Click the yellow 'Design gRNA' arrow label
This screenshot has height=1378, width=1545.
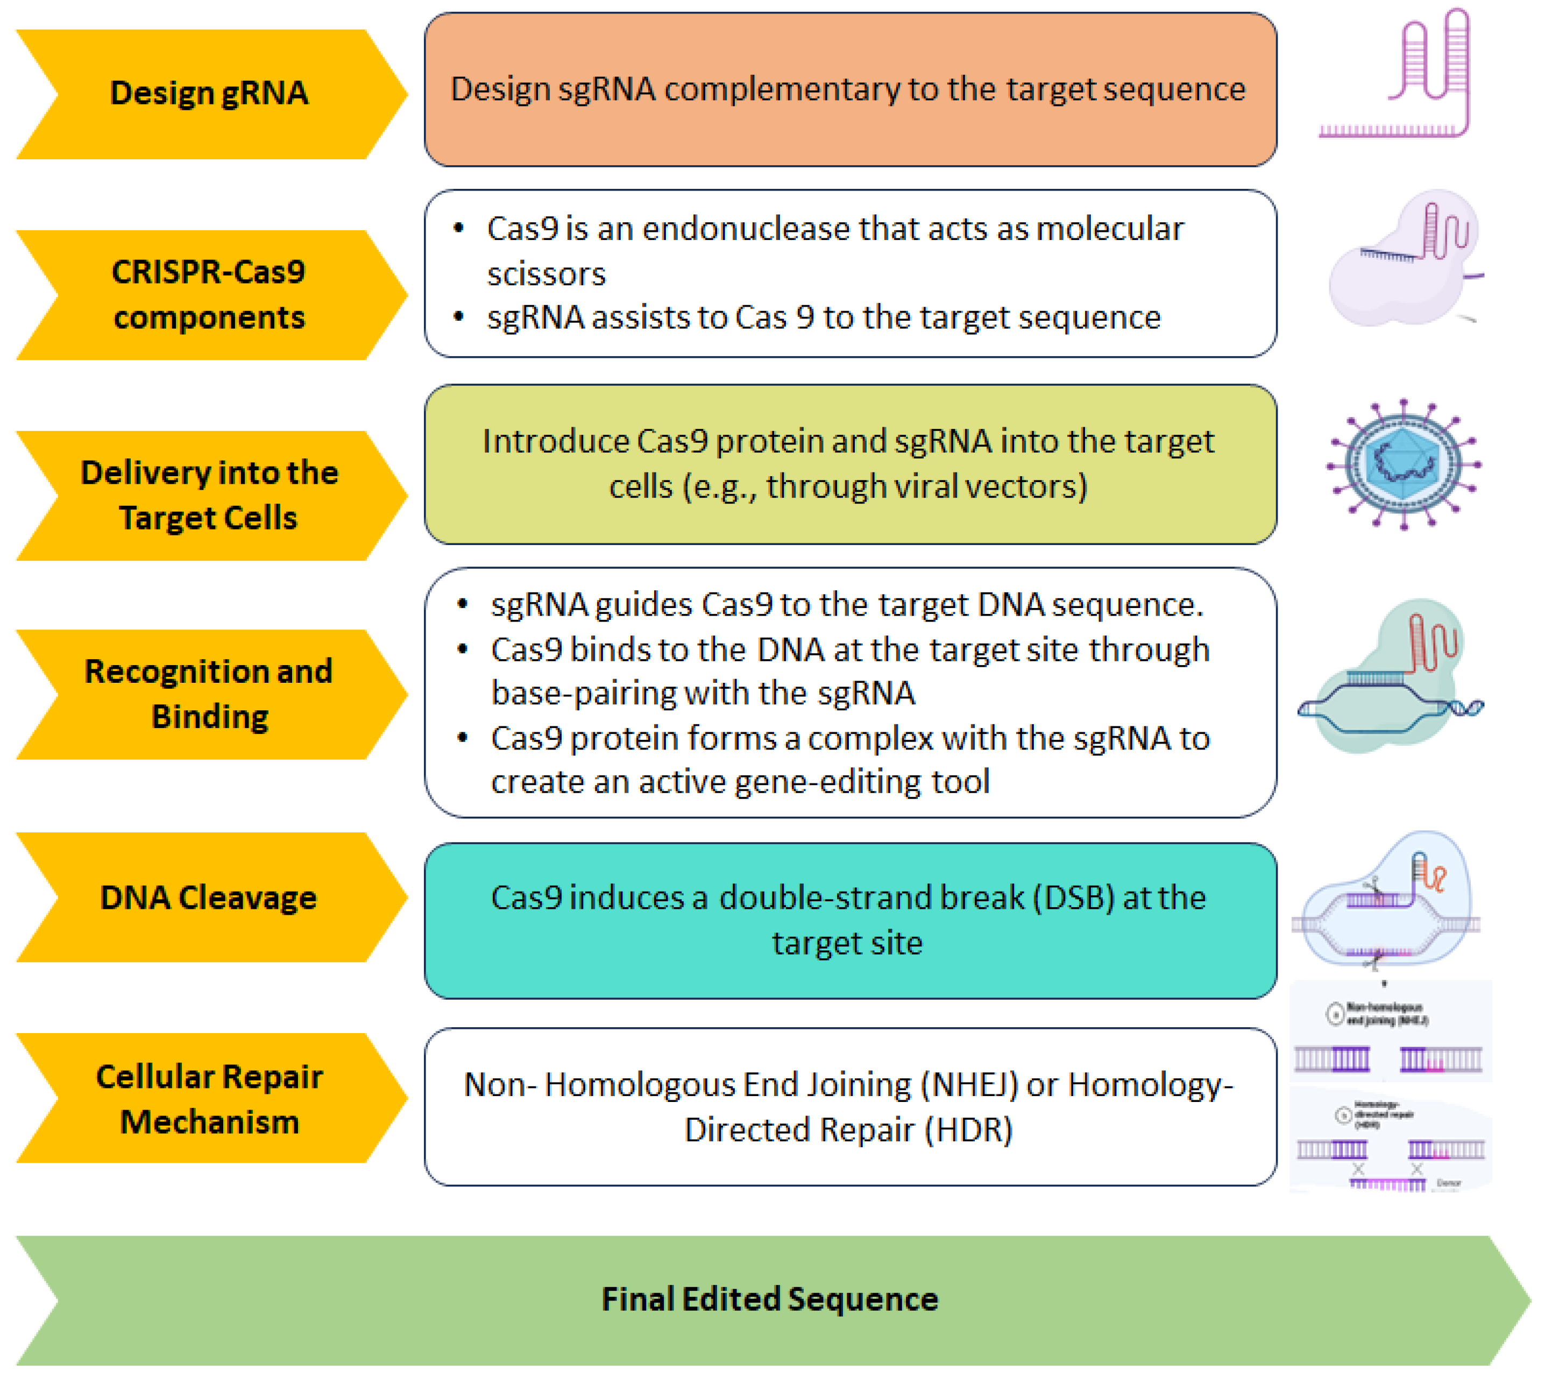click(208, 93)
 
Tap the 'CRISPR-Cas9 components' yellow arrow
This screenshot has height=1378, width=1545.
click(208, 294)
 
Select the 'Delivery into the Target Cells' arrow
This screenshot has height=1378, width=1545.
click(208, 494)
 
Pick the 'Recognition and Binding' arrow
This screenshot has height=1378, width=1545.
click(208, 694)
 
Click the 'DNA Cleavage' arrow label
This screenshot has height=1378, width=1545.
click(208, 897)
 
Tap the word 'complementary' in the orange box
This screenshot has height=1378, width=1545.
click(781, 90)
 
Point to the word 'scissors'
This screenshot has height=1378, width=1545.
click(546, 274)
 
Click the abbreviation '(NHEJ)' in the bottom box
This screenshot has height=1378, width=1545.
click(969, 1085)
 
